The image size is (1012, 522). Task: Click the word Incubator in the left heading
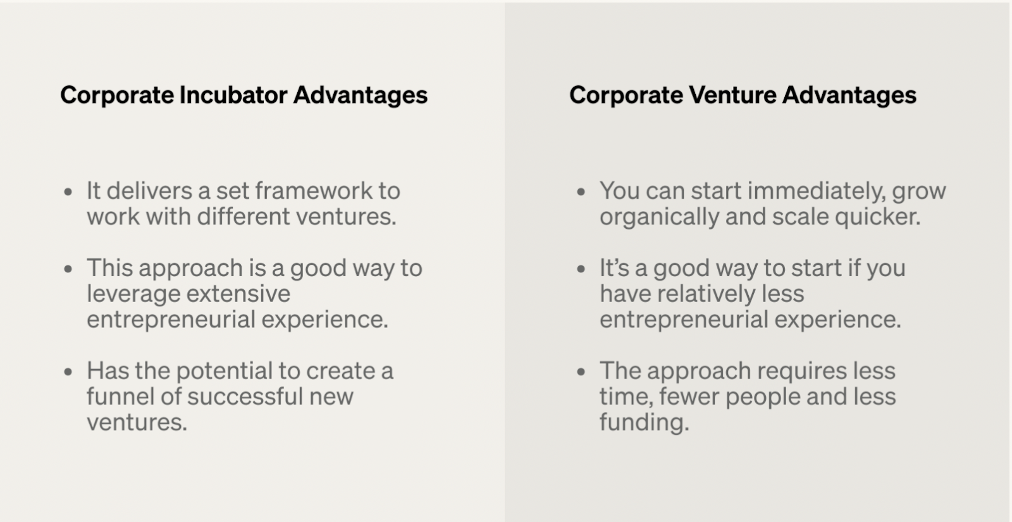(x=233, y=95)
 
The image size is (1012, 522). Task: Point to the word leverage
(x=132, y=294)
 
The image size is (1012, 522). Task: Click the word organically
(x=659, y=217)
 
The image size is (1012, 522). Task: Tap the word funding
(x=644, y=422)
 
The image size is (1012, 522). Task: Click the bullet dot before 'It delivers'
(x=68, y=191)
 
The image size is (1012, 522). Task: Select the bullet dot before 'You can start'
(x=581, y=191)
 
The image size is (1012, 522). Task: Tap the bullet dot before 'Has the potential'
(x=68, y=372)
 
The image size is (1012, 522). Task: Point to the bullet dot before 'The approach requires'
(x=581, y=372)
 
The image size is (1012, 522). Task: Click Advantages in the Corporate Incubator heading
(x=361, y=95)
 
